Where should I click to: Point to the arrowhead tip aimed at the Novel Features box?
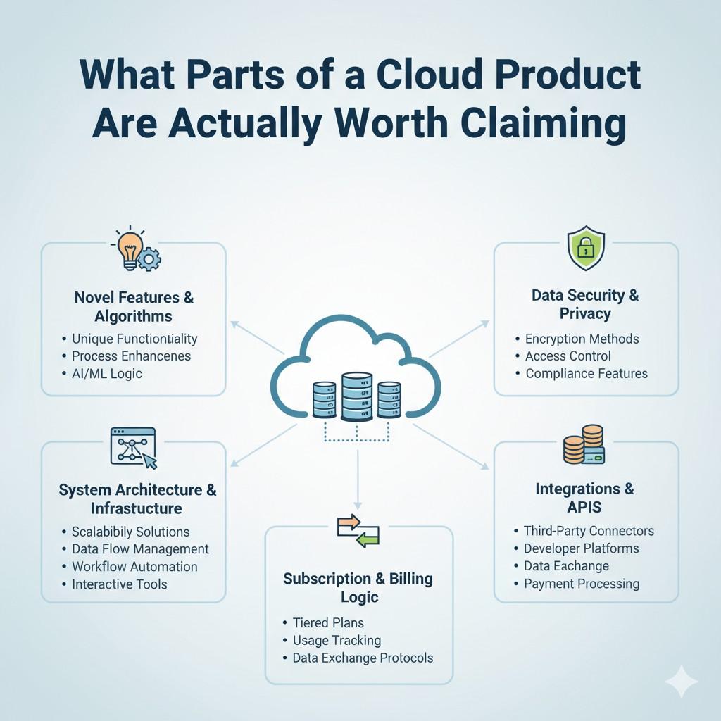tap(231, 321)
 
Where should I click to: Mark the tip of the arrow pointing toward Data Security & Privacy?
tap(489, 321)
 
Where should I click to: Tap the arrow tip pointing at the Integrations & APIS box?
tap(489, 469)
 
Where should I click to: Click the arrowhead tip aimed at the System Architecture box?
tap(231, 466)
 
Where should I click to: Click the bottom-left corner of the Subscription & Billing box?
tap(265, 684)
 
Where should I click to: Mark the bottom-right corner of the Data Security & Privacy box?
tap(679, 396)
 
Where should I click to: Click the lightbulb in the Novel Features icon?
tap(130, 251)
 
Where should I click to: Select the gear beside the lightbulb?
tap(149, 259)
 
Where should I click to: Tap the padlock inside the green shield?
tap(586, 249)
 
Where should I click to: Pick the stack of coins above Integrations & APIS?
tap(583, 444)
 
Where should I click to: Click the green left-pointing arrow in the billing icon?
tap(367, 539)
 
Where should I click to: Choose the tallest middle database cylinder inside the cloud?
tap(357, 396)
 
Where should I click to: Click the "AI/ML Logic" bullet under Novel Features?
tap(107, 373)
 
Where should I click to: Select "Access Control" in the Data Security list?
tap(568, 356)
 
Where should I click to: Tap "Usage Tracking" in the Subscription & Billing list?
tap(337, 640)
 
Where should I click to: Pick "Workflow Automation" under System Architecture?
tap(134, 567)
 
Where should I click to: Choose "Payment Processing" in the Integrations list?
tap(582, 584)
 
